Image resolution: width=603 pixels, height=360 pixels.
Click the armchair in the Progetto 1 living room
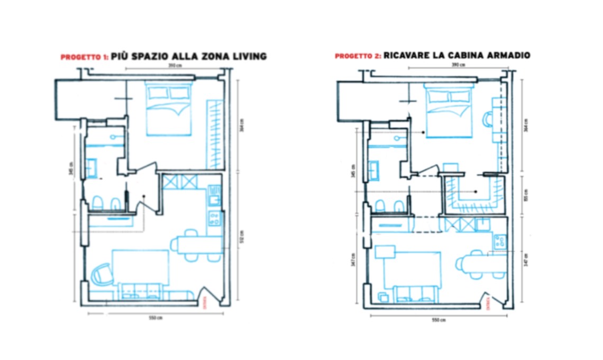point(101,275)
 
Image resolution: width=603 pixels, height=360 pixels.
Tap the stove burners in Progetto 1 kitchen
point(215,218)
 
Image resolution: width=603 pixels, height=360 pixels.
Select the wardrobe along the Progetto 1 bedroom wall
point(215,134)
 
